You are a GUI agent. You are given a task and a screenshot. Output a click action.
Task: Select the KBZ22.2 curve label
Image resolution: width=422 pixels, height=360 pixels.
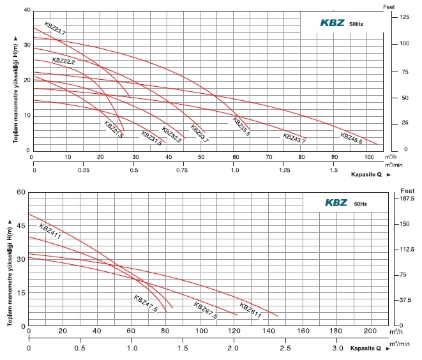click(x=64, y=61)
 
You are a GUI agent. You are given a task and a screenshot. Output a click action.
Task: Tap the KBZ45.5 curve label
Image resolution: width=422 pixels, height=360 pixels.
click(x=350, y=138)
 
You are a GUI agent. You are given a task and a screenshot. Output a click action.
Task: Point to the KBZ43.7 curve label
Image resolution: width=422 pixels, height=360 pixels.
click(x=294, y=137)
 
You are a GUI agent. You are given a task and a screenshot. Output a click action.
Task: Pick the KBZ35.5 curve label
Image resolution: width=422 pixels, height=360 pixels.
click(x=241, y=123)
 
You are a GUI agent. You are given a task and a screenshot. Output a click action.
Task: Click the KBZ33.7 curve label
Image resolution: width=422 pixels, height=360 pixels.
click(x=199, y=135)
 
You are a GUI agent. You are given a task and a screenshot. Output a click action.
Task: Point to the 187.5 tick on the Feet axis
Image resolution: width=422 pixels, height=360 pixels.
click(x=407, y=199)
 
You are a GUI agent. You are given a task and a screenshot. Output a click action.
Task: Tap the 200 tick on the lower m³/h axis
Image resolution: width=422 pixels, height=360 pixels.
click(x=370, y=331)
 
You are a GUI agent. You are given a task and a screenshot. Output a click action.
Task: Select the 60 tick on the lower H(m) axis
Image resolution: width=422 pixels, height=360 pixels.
click(x=20, y=193)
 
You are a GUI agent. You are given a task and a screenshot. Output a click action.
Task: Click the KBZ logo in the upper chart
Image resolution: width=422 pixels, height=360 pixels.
click(x=333, y=22)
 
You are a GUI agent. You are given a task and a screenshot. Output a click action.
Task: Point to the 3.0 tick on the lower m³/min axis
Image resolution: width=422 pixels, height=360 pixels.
click(x=336, y=349)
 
